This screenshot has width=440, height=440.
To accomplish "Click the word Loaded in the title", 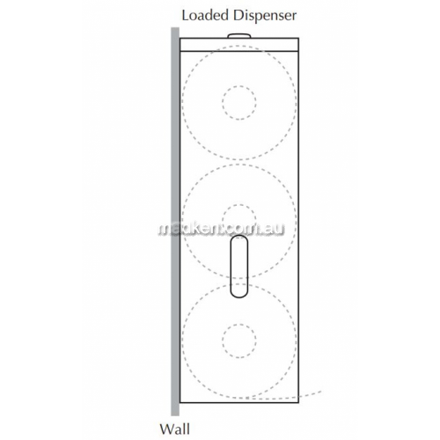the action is (x=205, y=15).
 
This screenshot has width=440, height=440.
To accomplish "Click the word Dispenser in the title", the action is (x=265, y=17).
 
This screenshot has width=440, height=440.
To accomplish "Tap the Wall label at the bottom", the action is (x=175, y=429).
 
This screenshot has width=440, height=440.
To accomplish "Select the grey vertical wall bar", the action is (x=175, y=222).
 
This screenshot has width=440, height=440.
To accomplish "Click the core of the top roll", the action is (x=239, y=86).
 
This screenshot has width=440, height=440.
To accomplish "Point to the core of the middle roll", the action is (x=239, y=205).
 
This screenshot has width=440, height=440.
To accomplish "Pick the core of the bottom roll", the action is (x=239, y=324).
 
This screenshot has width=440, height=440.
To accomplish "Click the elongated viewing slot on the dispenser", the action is (x=239, y=267).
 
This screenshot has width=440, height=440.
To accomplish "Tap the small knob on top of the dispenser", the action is (x=239, y=35).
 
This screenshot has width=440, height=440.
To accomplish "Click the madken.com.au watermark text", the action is (x=222, y=229).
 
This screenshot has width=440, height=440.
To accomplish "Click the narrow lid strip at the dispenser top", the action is (x=239, y=45).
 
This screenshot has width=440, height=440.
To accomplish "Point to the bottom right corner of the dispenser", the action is (x=298, y=402).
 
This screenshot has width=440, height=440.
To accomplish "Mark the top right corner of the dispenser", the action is (x=298, y=38).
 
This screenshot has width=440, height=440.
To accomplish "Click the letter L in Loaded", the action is (x=185, y=15).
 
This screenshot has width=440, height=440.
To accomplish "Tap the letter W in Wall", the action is (x=167, y=429).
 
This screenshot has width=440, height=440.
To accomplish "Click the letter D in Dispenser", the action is (x=238, y=15).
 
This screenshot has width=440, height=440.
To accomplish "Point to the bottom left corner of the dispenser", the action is (x=180, y=402).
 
